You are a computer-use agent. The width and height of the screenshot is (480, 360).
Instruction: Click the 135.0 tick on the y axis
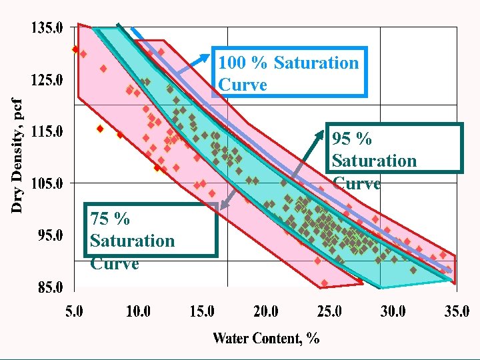(x=46, y=29)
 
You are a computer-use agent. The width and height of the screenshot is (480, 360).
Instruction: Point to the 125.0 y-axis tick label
(x=46, y=80)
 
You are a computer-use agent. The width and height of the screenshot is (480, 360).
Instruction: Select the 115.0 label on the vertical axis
(x=46, y=132)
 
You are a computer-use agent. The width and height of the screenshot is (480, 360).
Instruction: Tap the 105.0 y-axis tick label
(x=46, y=183)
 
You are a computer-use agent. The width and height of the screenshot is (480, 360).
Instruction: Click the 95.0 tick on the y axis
(x=49, y=235)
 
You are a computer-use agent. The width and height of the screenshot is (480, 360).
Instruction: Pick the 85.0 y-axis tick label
(x=49, y=288)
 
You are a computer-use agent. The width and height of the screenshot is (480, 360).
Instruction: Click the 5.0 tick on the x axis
(x=75, y=311)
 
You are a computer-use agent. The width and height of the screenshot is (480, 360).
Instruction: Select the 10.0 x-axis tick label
(x=138, y=311)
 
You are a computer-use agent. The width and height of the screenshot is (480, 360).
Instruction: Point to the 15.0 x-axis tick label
(x=202, y=311)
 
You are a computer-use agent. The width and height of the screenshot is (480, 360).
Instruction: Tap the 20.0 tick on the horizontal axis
(x=265, y=311)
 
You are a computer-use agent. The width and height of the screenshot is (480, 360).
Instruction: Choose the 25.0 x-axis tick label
(x=329, y=311)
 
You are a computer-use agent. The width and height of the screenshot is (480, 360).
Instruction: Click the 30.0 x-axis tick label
(x=393, y=311)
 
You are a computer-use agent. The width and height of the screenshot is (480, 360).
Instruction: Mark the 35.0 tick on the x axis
(x=456, y=311)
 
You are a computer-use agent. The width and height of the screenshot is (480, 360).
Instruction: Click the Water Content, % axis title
(x=266, y=338)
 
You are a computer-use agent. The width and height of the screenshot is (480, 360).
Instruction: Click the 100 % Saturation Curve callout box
(x=289, y=73)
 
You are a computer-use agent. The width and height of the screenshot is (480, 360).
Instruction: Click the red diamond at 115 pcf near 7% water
(x=100, y=129)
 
